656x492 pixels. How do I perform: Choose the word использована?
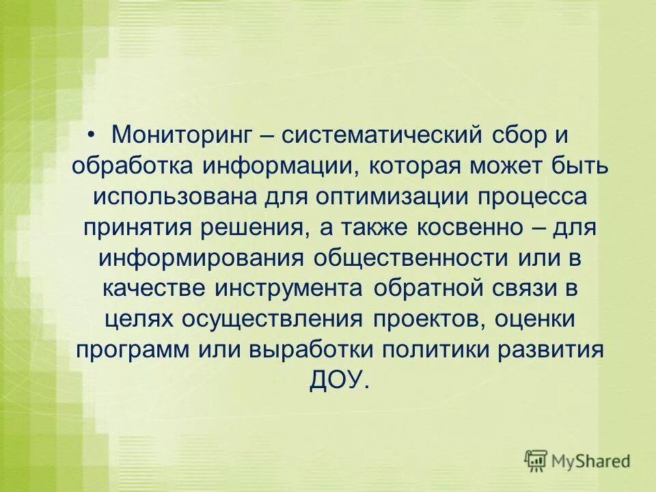[x=175, y=196]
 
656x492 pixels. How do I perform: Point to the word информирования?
[x=200, y=258]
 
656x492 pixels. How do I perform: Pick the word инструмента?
[x=288, y=288]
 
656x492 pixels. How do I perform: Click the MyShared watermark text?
[x=591, y=461]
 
